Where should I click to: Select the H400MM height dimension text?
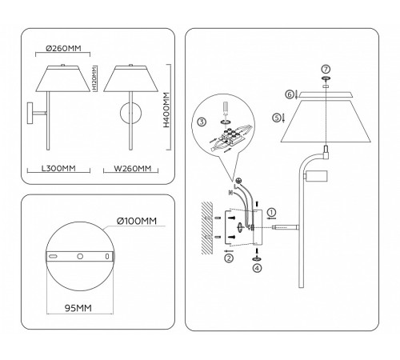pyautogui.click(x=166, y=110)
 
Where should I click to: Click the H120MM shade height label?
pyautogui.click(x=94, y=80)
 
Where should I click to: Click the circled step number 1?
pyautogui.click(x=271, y=212)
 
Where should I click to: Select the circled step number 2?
pyautogui.click(x=229, y=258)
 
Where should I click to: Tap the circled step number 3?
pyautogui.click(x=202, y=122)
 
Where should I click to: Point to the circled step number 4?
pyautogui.click(x=257, y=268)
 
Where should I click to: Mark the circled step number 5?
pyautogui.click(x=276, y=117)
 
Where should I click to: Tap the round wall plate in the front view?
pyautogui.click(x=129, y=114)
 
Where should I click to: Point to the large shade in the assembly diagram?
pyautogui.click(x=325, y=124)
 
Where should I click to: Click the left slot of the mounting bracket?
pyautogui.click(x=53, y=257)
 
